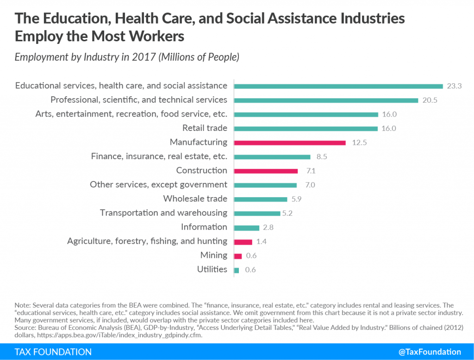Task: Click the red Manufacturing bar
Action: tap(290, 143)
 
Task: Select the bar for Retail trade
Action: tap(306, 128)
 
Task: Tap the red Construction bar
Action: tap(266, 171)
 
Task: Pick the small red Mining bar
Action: tap(238, 256)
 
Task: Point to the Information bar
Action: tap(246, 228)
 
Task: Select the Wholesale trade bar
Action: tap(260, 199)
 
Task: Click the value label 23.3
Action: tap(455, 86)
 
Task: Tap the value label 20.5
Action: tap(430, 100)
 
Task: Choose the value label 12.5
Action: tap(359, 143)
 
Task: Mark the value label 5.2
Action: tap(288, 213)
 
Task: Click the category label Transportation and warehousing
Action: tap(163, 213)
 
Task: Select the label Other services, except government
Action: tap(158, 185)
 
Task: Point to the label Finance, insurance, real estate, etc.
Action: tap(159, 156)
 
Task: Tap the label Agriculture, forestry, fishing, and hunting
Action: tap(147, 241)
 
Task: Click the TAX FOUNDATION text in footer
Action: tap(53, 352)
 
